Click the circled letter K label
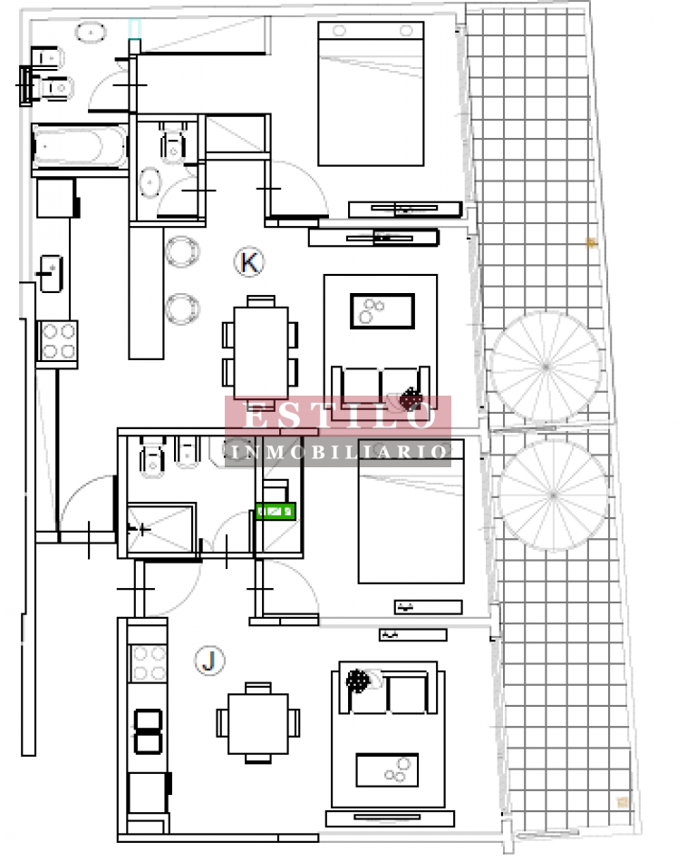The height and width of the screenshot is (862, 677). pos(249,263)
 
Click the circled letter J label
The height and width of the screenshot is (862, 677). pos(209,661)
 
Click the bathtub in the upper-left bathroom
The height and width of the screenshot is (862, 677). pos(80,148)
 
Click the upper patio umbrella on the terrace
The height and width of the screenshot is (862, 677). pos(546,366)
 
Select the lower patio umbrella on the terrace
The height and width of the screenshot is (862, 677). pos(552,495)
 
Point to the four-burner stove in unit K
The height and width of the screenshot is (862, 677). pos(57,342)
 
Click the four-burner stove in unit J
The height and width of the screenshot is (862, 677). pos(149,662)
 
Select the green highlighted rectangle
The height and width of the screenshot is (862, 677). pos(276,511)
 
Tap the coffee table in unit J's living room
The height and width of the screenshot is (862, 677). pos(387,769)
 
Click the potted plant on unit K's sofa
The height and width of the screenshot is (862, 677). pos(412,398)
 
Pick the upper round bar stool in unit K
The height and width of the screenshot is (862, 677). pos(182,251)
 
